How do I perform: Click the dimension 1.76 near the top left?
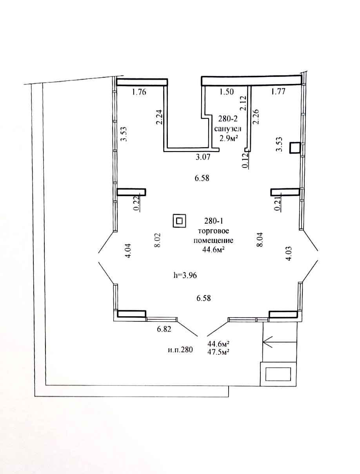coord(139,92)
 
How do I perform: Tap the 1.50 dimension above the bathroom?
coord(226,91)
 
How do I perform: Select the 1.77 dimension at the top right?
coord(278,91)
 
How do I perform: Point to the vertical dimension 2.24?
coord(160,117)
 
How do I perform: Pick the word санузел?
coord(227,129)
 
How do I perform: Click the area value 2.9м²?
coord(227,139)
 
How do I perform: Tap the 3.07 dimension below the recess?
coord(203,157)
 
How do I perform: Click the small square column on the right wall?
coord(295,148)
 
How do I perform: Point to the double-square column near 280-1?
coord(179,221)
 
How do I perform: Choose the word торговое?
coord(213,231)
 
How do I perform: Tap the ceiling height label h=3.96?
coord(185,275)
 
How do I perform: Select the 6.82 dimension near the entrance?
coord(164,329)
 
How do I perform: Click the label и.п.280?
coord(180,350)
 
